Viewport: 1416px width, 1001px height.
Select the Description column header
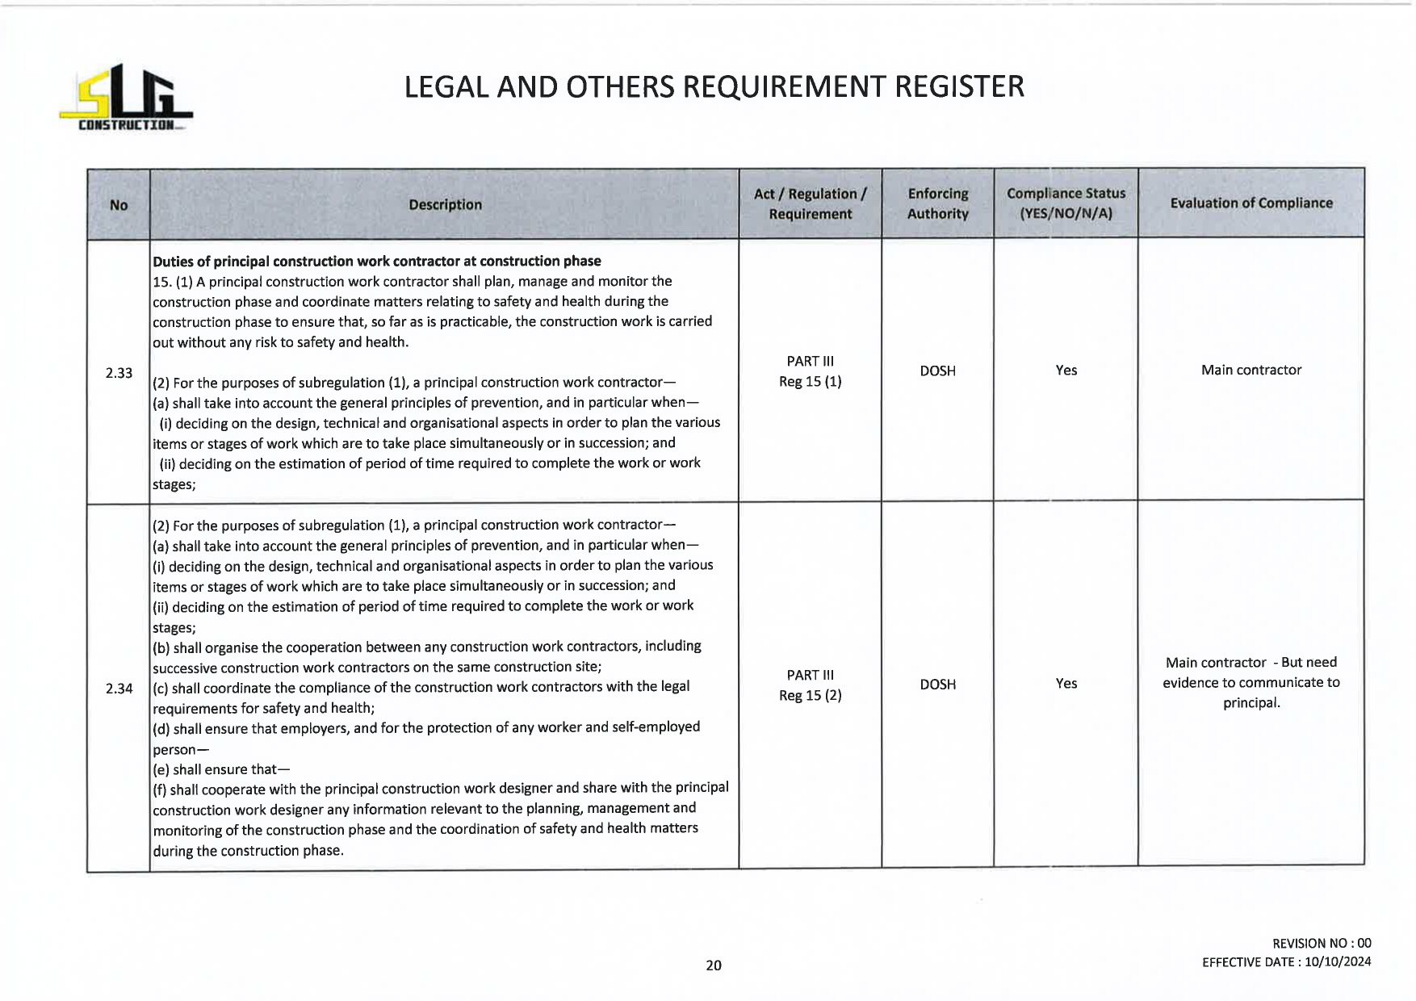[x=445, y=205]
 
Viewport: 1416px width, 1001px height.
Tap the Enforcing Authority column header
[x=937, y=203]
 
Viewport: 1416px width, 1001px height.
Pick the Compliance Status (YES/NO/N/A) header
[x=1066, y=203]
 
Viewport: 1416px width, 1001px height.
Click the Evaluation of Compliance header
[x=1251, y=203]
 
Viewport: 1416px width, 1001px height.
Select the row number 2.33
[x=119, y=373]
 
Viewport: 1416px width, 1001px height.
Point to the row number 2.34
[x=119, y=689]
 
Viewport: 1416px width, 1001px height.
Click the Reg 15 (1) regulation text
[x=810, y=382]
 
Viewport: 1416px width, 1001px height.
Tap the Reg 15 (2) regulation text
[x=810, y=696]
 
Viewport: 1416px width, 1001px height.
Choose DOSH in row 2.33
[x=937, y=371]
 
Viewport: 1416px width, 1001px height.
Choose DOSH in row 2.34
[x=937, y=685]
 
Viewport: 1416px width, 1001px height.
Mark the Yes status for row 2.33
[x=1066, y=371]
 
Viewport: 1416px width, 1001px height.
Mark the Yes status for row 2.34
[x=1066, y=684]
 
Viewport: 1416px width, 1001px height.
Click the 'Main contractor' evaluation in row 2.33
[x=1251, y=371]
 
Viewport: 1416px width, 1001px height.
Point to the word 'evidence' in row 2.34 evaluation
[x=1192, y=683]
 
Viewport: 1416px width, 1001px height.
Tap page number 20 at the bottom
[x=714, y=965]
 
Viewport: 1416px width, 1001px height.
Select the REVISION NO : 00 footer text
[x=1321, y=944]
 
